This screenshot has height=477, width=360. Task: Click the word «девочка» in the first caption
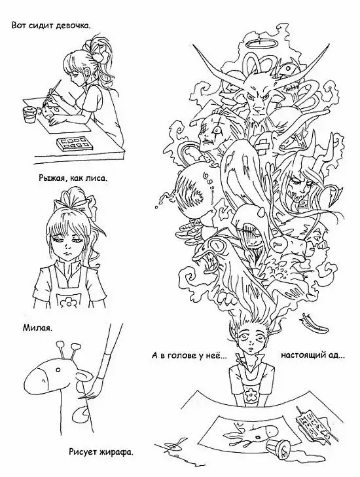click(74, 26)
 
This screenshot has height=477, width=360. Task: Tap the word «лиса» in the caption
click(98, 178)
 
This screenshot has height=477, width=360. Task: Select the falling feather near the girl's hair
click(312, 324)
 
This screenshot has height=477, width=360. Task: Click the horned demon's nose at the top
click(258, 109)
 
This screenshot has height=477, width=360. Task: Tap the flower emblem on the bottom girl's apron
click(252, 394)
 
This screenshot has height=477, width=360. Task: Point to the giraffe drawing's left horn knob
click(60, 345)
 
